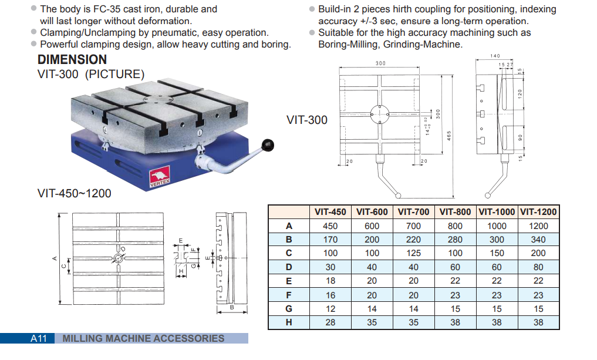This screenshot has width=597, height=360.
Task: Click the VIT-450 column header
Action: (x=330, y=212)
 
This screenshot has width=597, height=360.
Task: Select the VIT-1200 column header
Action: (x=538, y=212)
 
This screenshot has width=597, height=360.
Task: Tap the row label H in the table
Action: (x=289, y=322)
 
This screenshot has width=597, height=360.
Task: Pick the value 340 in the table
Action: (x=538, y=240)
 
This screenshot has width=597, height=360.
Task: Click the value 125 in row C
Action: (x=413, y=253)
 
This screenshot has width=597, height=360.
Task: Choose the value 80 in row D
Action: (x=538, y=267)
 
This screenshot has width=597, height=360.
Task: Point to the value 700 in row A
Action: (x=413, y=226)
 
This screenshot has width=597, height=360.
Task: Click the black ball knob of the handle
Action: (x=269, y=144)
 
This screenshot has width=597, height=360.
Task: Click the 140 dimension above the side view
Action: (x=495, y=56)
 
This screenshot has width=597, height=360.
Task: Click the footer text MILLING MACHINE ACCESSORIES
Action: (x=143, y=338)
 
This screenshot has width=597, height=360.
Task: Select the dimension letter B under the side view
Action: (x=232, y=307)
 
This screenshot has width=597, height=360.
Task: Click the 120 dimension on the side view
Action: (x=520, y=93)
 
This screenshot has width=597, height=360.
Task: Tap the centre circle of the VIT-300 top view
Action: (x=380, y=114)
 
